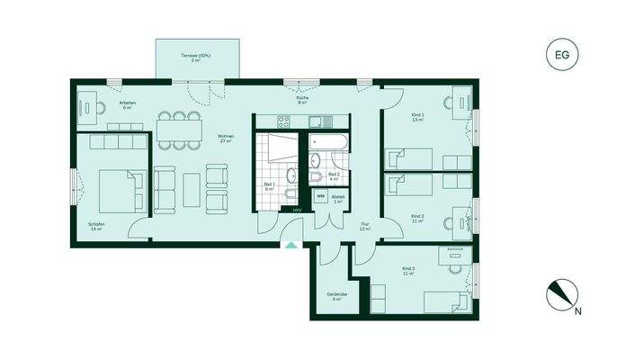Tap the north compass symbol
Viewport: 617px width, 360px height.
[x=562, y=296]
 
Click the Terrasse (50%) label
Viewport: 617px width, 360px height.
[x=196, y=58]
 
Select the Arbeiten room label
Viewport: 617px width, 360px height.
[x=128, y=104]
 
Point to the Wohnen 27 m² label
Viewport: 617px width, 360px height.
[x=225, y=139]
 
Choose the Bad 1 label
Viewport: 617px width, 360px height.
[x=269, y=186]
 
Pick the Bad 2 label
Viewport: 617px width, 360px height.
[x=334, y=175]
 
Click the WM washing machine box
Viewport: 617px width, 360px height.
[x=320, y=196]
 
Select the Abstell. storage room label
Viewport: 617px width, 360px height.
[x=338, y=198]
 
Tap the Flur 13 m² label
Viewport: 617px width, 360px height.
[x=364, y=227]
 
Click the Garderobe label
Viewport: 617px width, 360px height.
[x=336, y=296]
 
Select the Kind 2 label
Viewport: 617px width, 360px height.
[x=417, y=218]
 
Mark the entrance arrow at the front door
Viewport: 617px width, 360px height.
[x=290, y=244]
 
